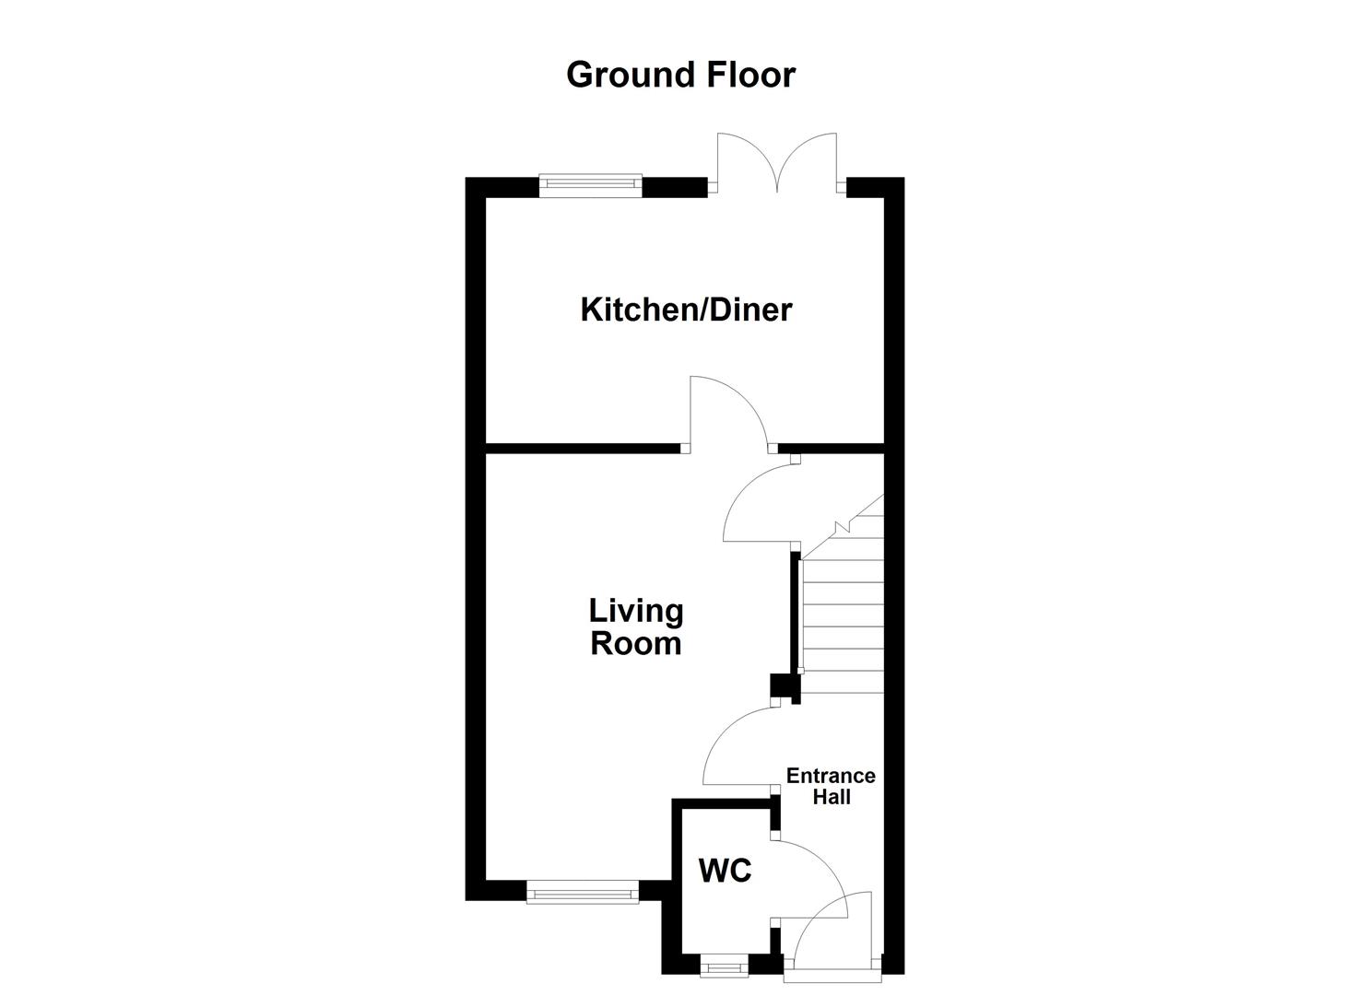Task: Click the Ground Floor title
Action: click(x=680, y=75)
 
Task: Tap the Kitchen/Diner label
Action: click(x=686, y=310)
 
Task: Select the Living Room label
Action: click(x=636, y=626)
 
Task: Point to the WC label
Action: click(x=726, y=871)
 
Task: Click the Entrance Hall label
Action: click(x=831, y=786)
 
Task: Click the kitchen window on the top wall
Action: click(x=590, y=185)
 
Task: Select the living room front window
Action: click(x=582, y=891)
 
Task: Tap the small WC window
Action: click(x=724, y=967)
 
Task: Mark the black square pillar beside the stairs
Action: click(x=781, y=686)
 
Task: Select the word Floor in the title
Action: click(x=750, y=75)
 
